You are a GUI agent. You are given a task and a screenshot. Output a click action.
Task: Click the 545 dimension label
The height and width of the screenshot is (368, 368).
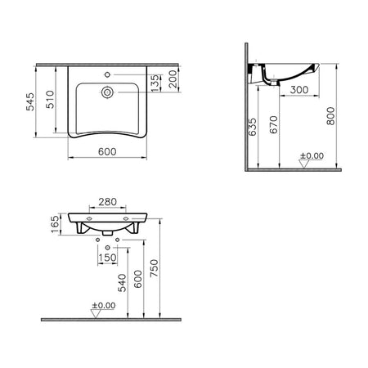(x=30, y=102)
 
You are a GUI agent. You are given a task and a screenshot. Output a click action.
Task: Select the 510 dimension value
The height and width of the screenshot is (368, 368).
(x=50, y=100)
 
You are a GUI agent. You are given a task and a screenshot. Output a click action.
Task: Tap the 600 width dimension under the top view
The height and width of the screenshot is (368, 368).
(x=107, y=151)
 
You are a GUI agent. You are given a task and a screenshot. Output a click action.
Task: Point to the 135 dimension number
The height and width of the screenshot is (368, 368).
(x=155, y=83)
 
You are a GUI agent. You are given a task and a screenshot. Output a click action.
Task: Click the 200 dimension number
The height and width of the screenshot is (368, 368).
(x=173, y=79)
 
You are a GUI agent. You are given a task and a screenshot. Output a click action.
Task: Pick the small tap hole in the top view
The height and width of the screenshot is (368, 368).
(x=107, y=74)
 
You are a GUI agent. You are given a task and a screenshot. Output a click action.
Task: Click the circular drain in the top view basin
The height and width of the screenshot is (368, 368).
(x=107, y=92)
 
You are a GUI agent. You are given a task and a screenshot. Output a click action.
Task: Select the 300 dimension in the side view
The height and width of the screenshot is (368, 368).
(x=299, y=90)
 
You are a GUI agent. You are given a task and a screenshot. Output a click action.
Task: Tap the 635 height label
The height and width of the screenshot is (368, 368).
(x=253, y=127)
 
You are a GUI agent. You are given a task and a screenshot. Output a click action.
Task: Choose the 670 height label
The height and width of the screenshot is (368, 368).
(x=273, y=125)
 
